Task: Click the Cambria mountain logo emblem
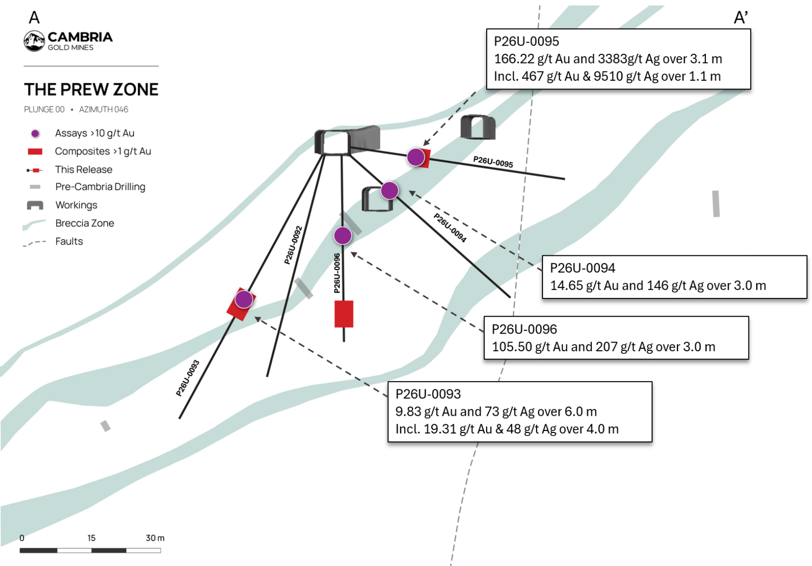[x=34, y=41]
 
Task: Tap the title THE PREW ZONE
[x=91, y=89]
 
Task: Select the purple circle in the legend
[x=35, y=134]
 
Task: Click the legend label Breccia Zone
[x=85, y=223]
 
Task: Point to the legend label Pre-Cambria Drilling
[x=100, y=187]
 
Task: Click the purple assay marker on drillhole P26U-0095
[x=416, y=157]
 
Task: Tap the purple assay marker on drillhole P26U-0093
[x=244, y=299]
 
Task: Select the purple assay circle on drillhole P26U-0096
[x=343, y=236]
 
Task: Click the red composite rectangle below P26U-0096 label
[x=344, y=314]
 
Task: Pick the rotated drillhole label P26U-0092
[x=293, y=245]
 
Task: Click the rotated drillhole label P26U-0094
[x=450, y=228]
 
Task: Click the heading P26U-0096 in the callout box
[x=524, y=329]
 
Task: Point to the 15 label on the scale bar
[x=91, y=538]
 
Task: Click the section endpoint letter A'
[x=741, y=17]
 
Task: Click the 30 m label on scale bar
[x=155, y=538]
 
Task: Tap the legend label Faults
[x=69, y=241]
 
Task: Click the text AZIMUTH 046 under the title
[x=104, y=110]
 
